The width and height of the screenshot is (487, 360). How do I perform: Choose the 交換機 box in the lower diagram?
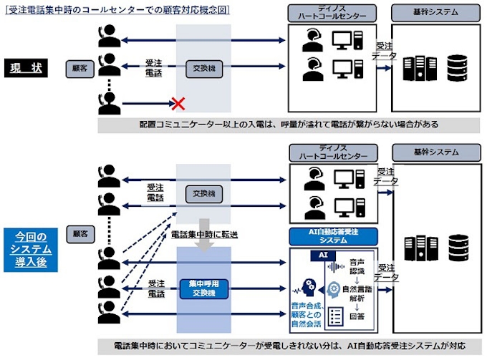[203, 193]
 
